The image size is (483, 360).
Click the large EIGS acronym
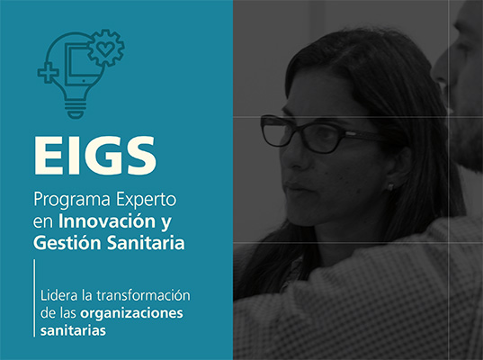click(x=94, y=156)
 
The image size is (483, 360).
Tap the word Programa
click(x=72, y=201)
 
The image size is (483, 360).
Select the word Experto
click(x=146, y=201)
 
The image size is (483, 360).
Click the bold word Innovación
click(x=107, y=221)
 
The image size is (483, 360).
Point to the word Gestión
click(x=67, y=243)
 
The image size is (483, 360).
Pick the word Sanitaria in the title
click(x=146, y=243)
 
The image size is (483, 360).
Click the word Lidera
click(x=59, y=295)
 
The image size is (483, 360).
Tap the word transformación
click(x=143, y=296)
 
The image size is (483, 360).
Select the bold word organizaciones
click(x=131, y=313)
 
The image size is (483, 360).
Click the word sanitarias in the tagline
click(x=73, y=330)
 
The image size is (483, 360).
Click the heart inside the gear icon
click(x=105, y=49)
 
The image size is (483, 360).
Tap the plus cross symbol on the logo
click(x=48, y=73)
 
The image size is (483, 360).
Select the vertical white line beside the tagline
click(x=34, y=298)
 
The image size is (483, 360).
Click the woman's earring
click(x=390, y=186)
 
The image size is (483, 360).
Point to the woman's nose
click(x=291, y=158)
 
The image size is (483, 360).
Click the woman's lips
click(x=294, y=186)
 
